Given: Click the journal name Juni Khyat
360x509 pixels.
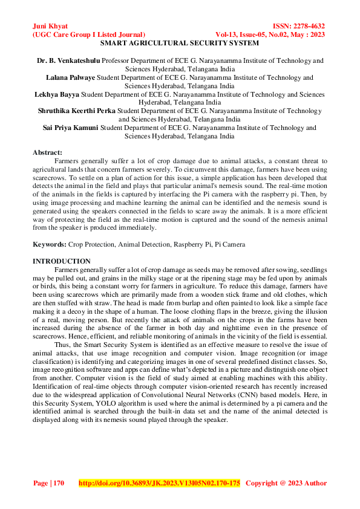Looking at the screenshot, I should (x=50, y=27).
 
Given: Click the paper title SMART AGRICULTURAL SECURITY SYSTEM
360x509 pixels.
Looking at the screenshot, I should (x=179, y=44).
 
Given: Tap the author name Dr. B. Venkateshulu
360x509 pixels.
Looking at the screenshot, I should (x=68, y=61).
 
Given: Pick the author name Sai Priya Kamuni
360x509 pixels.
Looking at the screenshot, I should (x=72, y=128).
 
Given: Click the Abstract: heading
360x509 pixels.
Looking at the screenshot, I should (x=47, y=153).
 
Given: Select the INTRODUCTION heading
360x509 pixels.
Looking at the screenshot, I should (x=61, y=261).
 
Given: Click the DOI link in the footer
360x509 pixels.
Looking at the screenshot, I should (x=160, y=483).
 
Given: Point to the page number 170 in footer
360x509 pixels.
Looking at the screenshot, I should (x=58, y=483).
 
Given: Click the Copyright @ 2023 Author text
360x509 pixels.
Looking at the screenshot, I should (x=286, y=483).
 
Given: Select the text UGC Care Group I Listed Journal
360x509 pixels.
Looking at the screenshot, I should (x=88, y=35).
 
